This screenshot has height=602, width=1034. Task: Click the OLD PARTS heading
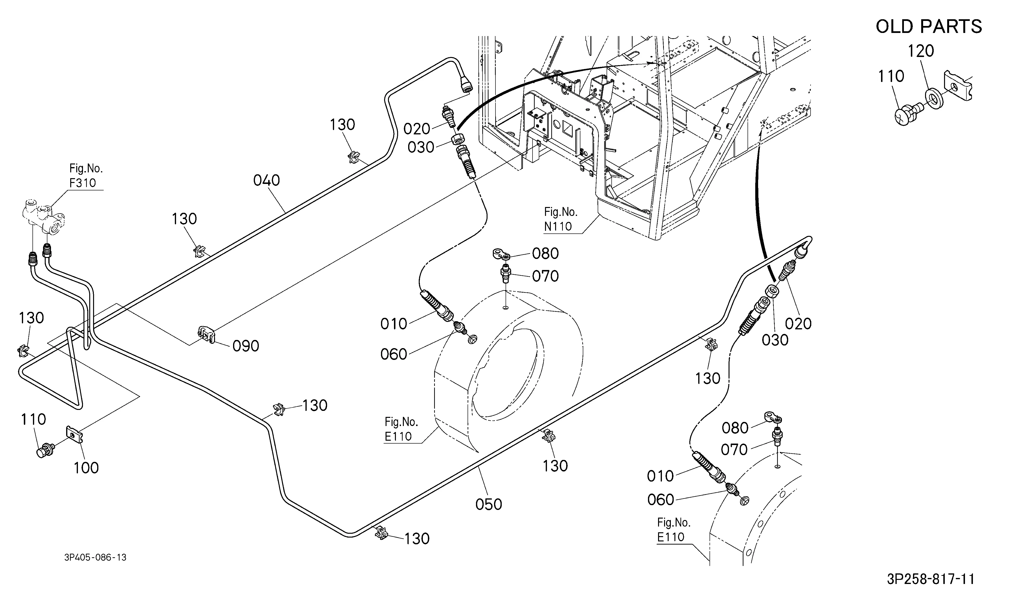click(929, 27)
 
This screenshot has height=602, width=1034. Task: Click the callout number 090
click(246, 346)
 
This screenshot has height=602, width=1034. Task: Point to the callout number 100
click(86, 468)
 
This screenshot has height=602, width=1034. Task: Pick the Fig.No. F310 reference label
click(86, 176)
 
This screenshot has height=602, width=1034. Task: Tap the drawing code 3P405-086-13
click(95, 557)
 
